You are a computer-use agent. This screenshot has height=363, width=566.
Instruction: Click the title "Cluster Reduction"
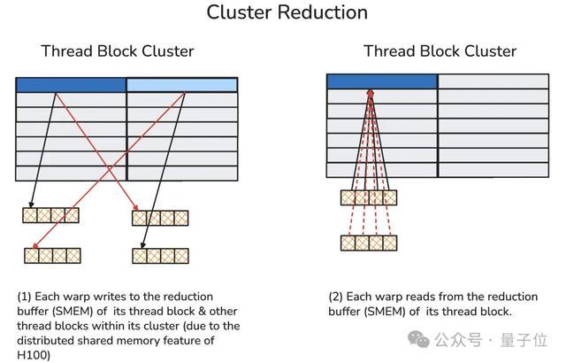coord(287,12)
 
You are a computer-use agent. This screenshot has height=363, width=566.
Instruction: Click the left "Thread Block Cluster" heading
coord(118,51)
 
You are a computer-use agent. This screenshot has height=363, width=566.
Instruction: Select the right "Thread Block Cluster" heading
coord(440,51)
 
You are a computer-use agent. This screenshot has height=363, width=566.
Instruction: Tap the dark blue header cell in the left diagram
coord(71,85)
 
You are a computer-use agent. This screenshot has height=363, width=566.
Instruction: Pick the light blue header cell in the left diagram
coord(182,85)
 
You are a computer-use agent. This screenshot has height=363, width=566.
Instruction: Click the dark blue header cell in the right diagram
coord(382,81)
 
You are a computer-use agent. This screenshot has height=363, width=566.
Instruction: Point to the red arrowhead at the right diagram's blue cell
coord(371,92)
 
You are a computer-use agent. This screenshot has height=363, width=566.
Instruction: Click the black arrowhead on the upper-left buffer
coord(32,205)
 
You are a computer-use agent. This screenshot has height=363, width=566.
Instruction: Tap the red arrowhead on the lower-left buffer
coord(34,246)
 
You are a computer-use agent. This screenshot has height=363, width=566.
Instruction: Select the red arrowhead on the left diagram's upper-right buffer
coord(135,207)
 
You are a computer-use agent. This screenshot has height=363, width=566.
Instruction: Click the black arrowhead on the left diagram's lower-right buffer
coord(143,245)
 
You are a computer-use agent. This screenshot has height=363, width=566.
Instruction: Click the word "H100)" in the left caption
coord(34,355)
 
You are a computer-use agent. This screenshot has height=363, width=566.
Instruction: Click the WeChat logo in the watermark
coord(418,339)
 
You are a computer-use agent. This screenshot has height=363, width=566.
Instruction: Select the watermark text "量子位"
coord(524,340)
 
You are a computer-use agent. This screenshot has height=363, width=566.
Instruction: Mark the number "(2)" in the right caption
coord(336,297)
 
